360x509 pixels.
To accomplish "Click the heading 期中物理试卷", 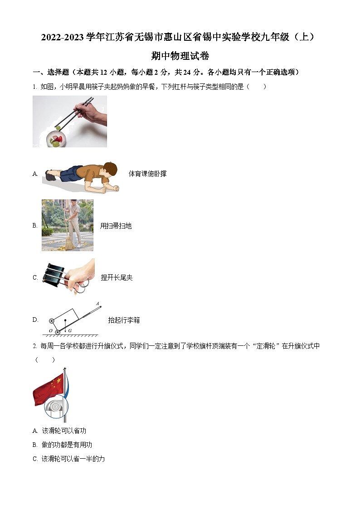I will coord(180,56).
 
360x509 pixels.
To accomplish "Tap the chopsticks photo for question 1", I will coord(70,121).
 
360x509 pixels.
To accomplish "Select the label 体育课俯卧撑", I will coord(147,174).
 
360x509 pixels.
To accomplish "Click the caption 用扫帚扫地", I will coord(116,226).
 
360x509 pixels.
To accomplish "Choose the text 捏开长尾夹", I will coord(117,277).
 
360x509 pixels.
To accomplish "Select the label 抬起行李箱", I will coord(124,320).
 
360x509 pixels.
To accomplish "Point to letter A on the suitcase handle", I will coord(97,304).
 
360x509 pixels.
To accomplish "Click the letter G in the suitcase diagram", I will coord(70,331).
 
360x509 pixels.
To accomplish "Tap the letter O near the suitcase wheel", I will coord(51,331).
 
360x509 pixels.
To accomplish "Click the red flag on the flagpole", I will coord(48,389).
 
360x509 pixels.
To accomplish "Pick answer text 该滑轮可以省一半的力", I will coord(73,459).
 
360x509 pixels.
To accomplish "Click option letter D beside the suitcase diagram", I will coord(35,320).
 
